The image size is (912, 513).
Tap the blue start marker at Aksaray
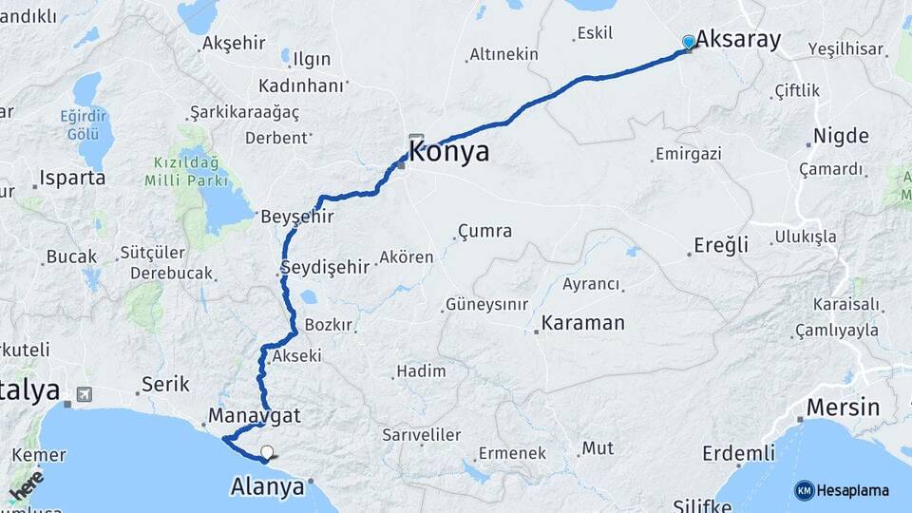click(x=689, y=42)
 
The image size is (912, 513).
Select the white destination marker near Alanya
click(x=267, y=453)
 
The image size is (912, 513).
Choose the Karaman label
click(x=583, y=323)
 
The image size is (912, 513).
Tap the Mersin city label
click(x=843, y=408)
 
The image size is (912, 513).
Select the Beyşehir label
click(x=297, y=217)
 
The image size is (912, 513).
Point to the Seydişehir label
click(x=325, y=267)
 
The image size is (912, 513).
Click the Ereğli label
click(x=721, y=245)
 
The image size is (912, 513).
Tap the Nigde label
click(x=841, y=136)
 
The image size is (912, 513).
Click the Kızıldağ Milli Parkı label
click(x=186, y=172)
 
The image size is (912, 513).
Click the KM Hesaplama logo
click(x=842, y=490)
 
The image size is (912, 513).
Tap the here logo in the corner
click(x=26, y=485)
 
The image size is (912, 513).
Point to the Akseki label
click(x=296, y=357)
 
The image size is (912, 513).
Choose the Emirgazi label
click(x=689, y=153)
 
